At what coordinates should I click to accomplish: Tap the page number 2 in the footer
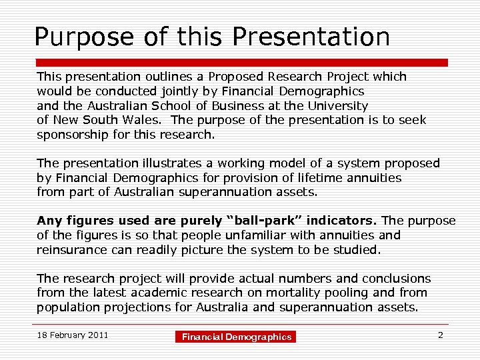(440, 335)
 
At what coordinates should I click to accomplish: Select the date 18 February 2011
(73, 335)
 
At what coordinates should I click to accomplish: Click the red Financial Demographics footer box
(237, 337)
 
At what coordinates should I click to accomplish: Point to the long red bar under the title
(240, 62)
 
